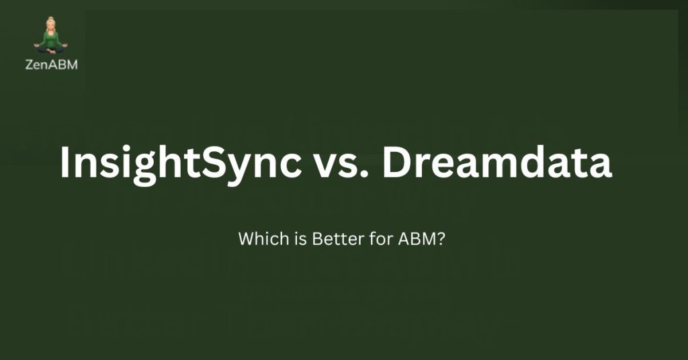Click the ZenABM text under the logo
(51, 65)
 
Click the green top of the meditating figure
(51, 38)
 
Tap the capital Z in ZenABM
(29, 65)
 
